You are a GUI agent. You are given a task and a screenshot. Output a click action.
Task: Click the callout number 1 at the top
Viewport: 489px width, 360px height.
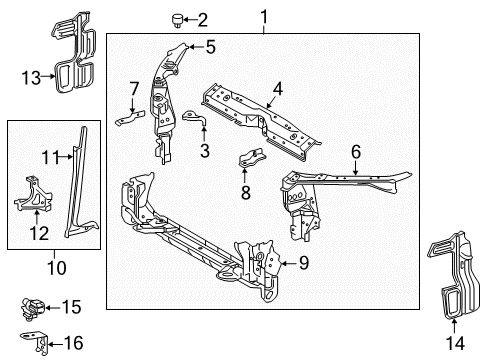pyautogui.click(x=264, y=17)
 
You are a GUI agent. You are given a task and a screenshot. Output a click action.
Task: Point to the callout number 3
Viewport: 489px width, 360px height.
pyautogui.click(x=204, y=151)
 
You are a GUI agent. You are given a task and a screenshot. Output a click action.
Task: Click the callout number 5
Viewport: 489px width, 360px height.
pyautogui.click(x=211, y=46)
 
